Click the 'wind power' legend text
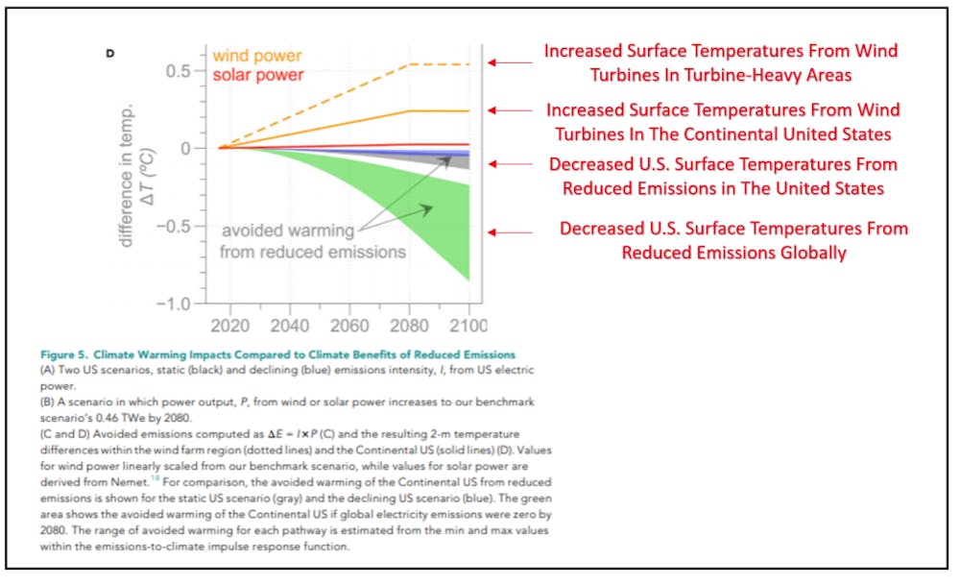point(257,55)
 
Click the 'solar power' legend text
point(257,75)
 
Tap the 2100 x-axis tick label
point(467,325)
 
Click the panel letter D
point(110,54)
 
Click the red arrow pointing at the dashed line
point(510,62)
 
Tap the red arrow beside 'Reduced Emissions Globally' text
point(510,231)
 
